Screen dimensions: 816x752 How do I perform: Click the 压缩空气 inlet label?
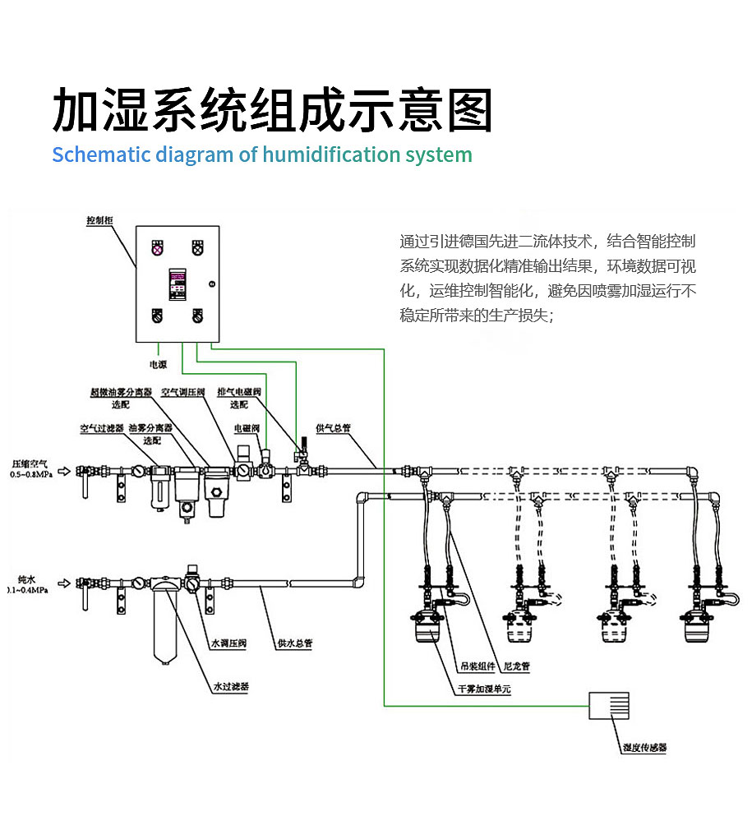29,463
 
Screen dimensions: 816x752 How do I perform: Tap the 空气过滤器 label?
101,429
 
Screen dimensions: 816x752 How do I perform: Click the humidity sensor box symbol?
609,705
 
